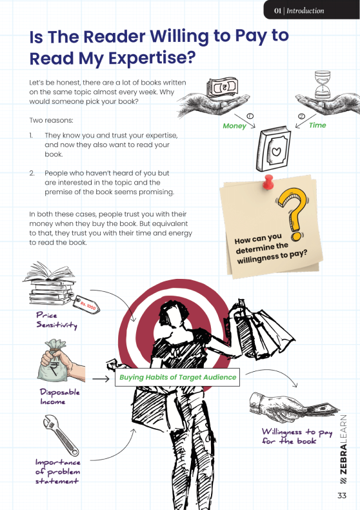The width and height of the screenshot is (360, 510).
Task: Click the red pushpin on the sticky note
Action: coord(268,182)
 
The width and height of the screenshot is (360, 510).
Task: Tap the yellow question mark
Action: coord(292,213)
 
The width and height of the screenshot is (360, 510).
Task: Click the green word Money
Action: coord(234,126)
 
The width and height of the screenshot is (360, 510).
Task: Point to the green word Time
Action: coord(317,125)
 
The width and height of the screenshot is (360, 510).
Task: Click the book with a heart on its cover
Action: coord(273,148)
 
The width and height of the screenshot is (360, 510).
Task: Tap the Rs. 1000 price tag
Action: coord(87,305)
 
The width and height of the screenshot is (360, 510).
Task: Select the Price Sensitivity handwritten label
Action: coord(57,320)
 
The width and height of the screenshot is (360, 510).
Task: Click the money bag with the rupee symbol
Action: coord(54,360)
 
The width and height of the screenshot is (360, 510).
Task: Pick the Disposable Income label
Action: coord(60,396)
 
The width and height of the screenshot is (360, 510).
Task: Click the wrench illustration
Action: coord(61,435)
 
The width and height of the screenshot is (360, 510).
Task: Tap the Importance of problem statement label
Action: coord(57,472)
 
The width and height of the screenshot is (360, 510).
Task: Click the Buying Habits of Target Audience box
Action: coord(177,377)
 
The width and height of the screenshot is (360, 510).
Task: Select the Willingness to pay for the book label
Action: coord(297,436)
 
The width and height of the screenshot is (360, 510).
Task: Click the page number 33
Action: coord(342,495)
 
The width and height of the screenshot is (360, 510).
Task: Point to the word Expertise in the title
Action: coord(152,59)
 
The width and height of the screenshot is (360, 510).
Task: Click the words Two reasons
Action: coord(52,120)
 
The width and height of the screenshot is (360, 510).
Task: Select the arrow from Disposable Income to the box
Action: coord(101,379)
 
